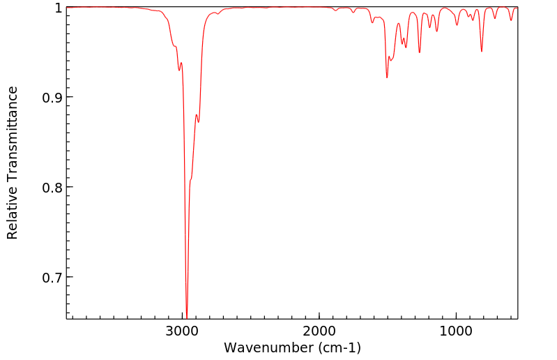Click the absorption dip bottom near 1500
387,77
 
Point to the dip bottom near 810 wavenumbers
482,52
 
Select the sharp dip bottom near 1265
420,52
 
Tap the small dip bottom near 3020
179,70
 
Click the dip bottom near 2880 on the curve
199,122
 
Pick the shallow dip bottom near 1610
373,23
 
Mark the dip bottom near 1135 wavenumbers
437,31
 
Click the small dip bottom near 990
457,25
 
